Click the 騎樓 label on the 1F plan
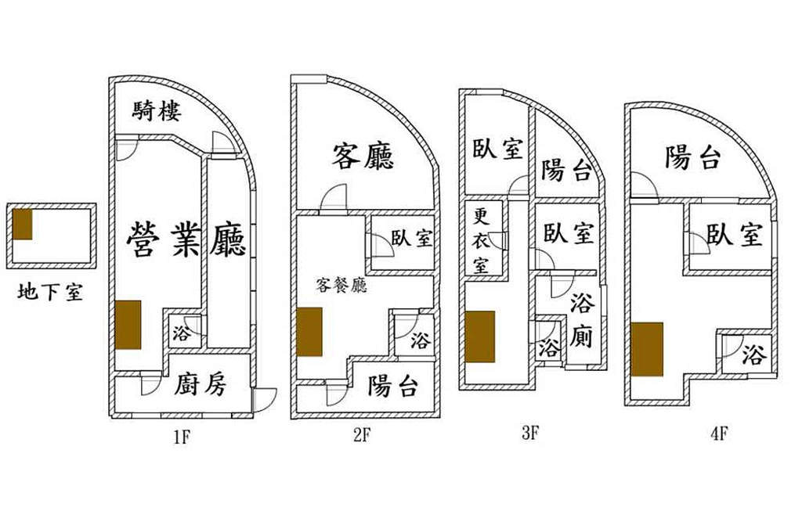click(x=157, y=111)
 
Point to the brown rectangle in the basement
click(x=23, y=225)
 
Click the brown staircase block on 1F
click(x=128, y=325)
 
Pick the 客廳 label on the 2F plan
click(x=363, y=157)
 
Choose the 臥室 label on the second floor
click(x=412, y=239)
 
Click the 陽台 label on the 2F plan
click(x=392, y=386)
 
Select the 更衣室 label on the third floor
click(x=481, y=240)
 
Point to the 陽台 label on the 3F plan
click(x=566, y=170)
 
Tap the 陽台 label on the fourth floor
click(x=692, y=157)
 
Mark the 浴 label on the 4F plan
click(x=753, y=355)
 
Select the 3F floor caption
click(x=529, y=432)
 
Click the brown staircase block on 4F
click(x=648, y=349)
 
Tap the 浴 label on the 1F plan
click(x=181, y=334)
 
